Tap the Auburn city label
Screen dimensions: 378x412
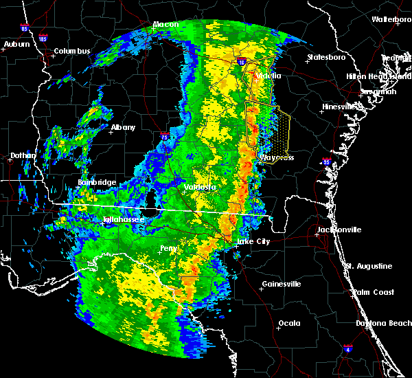17,45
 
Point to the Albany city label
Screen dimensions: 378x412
123,127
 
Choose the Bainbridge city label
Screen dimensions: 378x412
97,182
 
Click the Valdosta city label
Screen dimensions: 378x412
200,186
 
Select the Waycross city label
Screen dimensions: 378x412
277,157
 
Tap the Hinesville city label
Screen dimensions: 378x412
340,107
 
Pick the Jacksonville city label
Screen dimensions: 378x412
339,230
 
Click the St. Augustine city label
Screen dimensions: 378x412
369,266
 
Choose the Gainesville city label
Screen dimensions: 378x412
282,284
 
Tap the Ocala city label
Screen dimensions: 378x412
288,322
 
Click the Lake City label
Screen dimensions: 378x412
253,242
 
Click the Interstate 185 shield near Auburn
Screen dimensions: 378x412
43,38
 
